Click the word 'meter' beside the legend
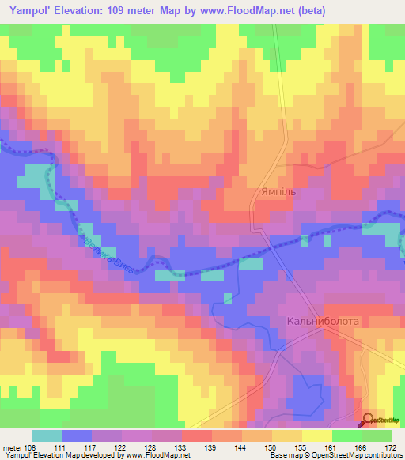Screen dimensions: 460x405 (x=13, y=447)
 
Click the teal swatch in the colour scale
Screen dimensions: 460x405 (x=46, y=435)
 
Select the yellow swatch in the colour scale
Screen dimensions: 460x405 (x=317, y=435)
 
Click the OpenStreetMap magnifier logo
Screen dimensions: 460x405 (x=368, y=420)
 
